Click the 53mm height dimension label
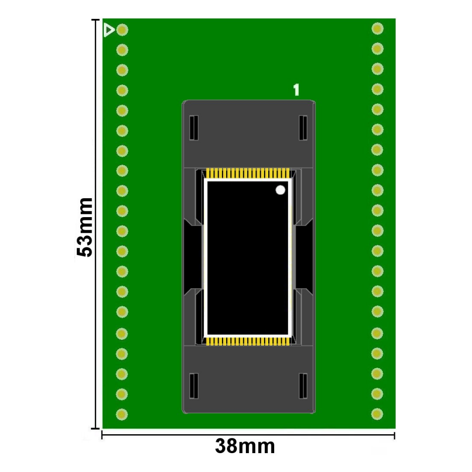pos(85,227)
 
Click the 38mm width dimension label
pos(244,446)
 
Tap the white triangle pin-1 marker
pos(109,30)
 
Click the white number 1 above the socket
pos(296,90)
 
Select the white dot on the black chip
pos(280,190)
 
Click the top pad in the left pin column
pos(122,30)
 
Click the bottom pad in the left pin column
pos(122,414)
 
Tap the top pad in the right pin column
pos(377,28)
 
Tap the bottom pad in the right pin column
pos(377,414)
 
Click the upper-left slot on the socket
pos(193,127)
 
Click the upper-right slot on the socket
pos(303,127)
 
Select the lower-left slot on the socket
pos(193,385)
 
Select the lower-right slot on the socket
pos(303,385)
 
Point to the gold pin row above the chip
pos(248,173)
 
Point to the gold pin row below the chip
pos(248,341)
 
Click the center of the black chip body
pos(248,257)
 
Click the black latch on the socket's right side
pos(304,257)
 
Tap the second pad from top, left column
pos(122,50)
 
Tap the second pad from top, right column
pos(377,49)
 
